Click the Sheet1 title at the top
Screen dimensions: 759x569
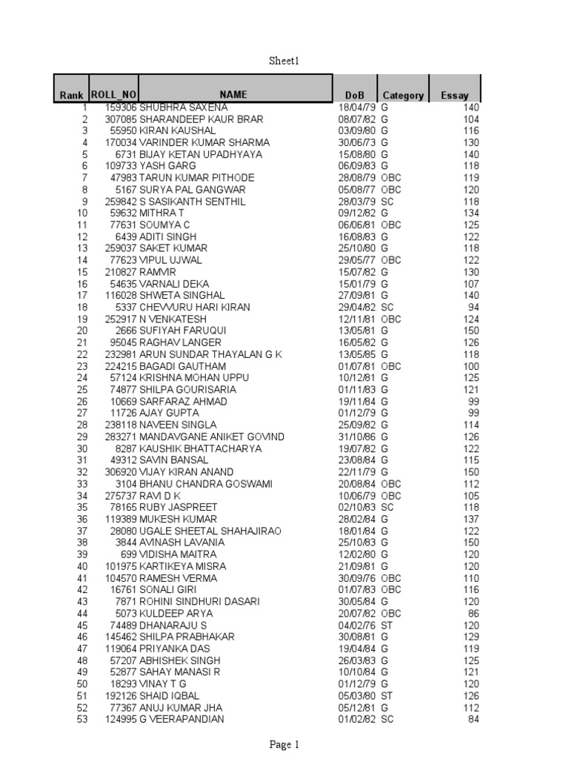point(284,61)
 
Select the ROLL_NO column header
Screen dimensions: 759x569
point(113,94)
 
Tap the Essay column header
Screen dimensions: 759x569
point(455,96)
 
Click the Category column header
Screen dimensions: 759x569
point(403,96)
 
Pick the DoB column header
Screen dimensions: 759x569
point(355,96)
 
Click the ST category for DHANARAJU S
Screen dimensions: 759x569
point(387,625)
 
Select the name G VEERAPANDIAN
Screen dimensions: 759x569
point(182,719)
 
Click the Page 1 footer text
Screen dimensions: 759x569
point(284,745)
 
